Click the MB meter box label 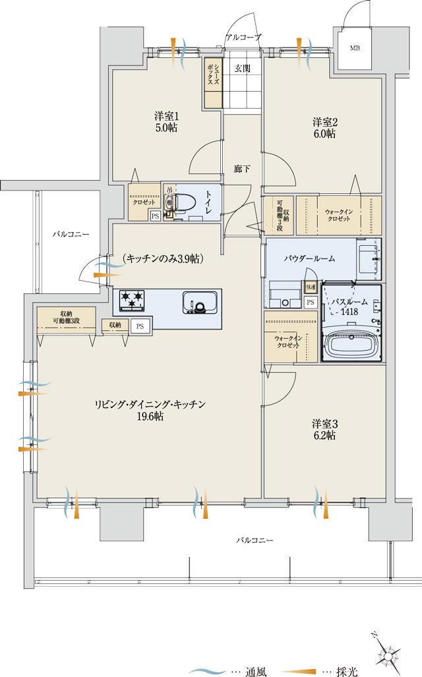pyautogui.click(x=355, y=47)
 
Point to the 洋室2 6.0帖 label pyautogui.click(x=324, y=127)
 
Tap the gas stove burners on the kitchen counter pyautogui.click(x=133, y=301)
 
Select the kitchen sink pyautogui.click(x=200, y=302)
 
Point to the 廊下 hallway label pyautogui.click(x=242, y=169)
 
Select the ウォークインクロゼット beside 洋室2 pyautogui.click(x=338, y=216)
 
